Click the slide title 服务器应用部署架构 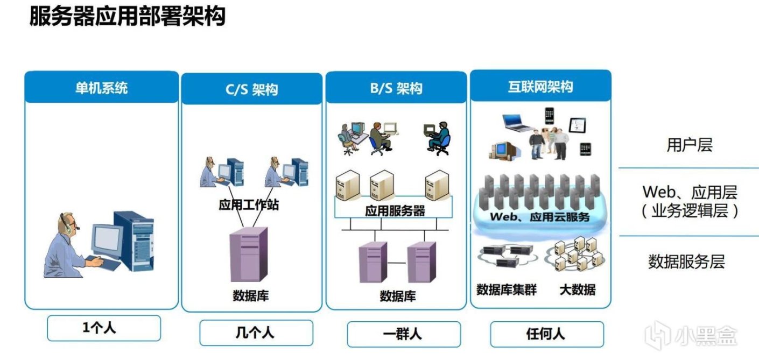(x=127, y=17)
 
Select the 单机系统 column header (x=101, y=88)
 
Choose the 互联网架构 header (x=540, y=87)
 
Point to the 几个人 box (x=256, y=332)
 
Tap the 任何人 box (x=545, y=334)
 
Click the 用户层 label (x=689, y=145)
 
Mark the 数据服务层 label (x=686, y=262)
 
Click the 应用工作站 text (x=249, y=205)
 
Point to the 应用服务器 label (x=395, y=211)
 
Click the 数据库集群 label (x=506, y=290)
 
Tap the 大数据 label (x=577, y=290)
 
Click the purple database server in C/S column (x=248, y=254)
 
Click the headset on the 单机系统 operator (x=68, y=223)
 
